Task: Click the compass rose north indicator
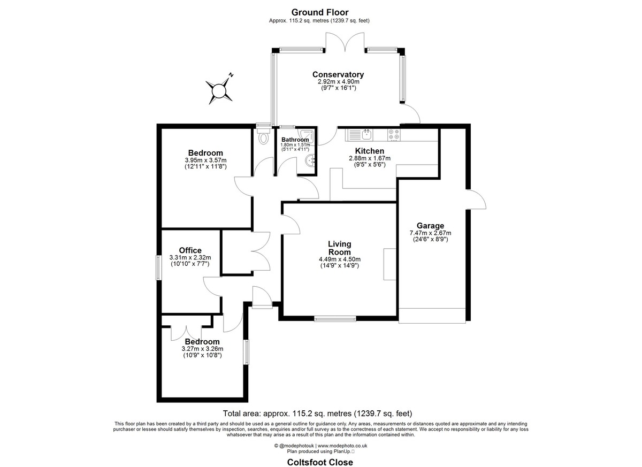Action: [231, 75]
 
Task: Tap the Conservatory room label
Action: [338, 74]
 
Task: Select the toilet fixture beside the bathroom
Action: [263, 135]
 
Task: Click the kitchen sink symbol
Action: [366, 134]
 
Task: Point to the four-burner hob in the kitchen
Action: [394, 135]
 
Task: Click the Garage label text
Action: [430, 226]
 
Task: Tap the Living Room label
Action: [339, 248]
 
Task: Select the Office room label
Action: [190, 250]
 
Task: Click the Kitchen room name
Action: [370, 151]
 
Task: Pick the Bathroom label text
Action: [295, 140]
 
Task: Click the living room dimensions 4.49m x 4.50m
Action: [340, 259]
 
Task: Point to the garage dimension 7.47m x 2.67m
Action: [430, 233]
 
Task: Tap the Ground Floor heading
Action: [320, 12]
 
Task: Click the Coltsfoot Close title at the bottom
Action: [320, 462]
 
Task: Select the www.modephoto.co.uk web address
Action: [342, 446]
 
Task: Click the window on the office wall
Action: [158, 267]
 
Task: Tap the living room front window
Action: [335, 319]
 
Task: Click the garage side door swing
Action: [476, 199]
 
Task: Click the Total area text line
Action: [318, 414]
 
